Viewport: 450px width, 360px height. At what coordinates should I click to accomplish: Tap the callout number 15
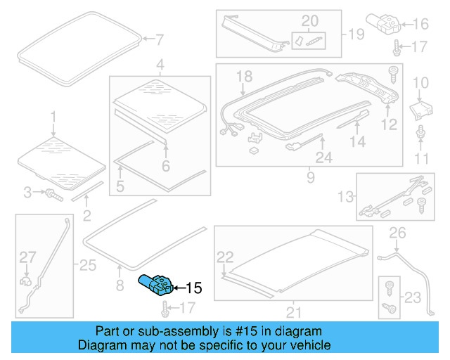[193, 288]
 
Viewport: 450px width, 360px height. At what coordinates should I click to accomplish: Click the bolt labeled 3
[52, 193]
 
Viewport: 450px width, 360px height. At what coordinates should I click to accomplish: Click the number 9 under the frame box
[309, 178]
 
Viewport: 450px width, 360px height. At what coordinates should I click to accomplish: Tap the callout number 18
[243, 76]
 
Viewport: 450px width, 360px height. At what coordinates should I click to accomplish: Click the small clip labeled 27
[27, 281]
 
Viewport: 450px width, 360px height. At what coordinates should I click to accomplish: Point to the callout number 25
[87, 265]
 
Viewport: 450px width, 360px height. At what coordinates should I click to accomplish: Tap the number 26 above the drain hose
[397, 232]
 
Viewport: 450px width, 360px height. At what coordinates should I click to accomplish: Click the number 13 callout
[346, 196]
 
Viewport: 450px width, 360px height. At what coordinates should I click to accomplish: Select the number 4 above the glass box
[160, 65]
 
